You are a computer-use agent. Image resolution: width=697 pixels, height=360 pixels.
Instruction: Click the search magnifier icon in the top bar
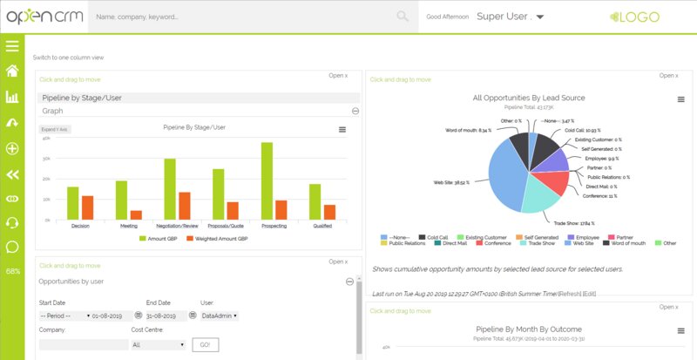[402, 16]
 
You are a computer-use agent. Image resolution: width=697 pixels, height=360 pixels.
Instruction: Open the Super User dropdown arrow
[540, 17]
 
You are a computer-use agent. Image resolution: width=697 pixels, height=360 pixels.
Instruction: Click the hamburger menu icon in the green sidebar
[12, 46]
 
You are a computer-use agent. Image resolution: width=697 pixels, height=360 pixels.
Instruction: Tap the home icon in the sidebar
[12, 71]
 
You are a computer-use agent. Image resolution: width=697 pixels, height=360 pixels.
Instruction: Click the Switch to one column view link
[68, 58]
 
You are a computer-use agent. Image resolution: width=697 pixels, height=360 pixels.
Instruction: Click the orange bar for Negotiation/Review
[184, 205]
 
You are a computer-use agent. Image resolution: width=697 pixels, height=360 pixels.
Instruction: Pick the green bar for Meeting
[122, 200]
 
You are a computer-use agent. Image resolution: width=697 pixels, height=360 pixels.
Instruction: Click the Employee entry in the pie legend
[586, 236]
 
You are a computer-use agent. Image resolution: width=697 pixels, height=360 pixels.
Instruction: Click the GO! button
[206, 344]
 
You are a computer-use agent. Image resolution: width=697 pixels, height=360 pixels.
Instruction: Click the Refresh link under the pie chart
[571, 294]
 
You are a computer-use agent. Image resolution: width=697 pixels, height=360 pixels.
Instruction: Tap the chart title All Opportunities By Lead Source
[528, 98]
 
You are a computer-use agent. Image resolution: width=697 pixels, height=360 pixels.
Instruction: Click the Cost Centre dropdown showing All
[158, 344]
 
